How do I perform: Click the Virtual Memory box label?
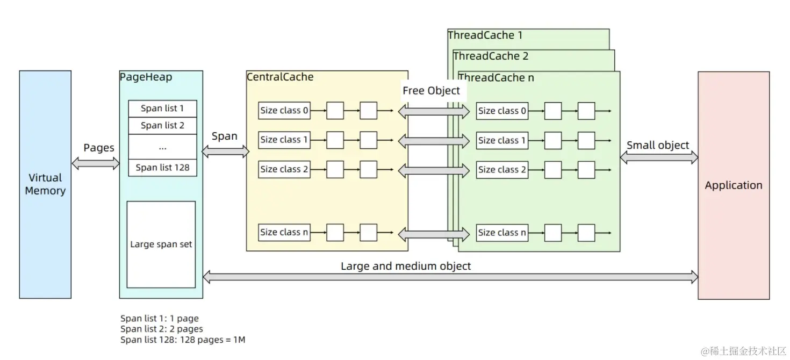45,184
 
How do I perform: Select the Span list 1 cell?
162,109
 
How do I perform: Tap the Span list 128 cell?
162,167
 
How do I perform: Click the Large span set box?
161,244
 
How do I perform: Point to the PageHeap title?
146,77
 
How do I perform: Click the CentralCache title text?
280,77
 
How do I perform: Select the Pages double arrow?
96,163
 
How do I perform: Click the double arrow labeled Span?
225,152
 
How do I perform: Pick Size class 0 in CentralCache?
284,111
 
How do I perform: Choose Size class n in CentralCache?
284,233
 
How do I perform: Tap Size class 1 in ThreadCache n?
502,141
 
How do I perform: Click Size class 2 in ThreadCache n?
502,170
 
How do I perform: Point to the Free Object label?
432,91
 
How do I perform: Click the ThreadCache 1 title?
485,35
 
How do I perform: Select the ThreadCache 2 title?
491,56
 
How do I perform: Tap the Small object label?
658,145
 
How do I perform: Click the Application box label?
734,185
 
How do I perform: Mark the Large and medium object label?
406,266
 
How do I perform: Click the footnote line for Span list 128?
183,340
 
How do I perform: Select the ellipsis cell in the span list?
162,147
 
